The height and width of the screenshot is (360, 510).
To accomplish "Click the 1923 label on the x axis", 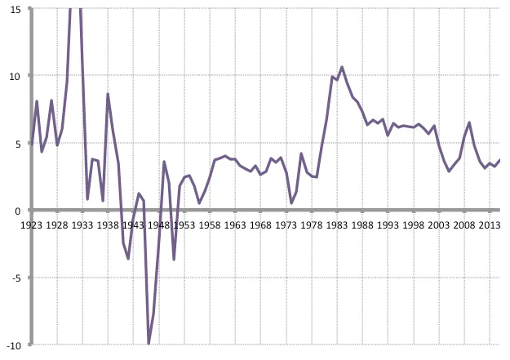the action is [31, 225].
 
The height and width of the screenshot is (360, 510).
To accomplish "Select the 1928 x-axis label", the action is [57, 225].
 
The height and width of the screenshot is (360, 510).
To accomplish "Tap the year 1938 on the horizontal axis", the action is [108, 225].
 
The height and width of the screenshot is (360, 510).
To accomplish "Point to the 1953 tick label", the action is [184, 225].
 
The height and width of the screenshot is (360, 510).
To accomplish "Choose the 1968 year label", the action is [260, 225].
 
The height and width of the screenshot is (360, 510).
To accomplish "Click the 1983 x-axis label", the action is [337, 225].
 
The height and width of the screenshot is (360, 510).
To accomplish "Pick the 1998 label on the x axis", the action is [414, 225].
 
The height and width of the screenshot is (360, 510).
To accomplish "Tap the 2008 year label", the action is [464, 225].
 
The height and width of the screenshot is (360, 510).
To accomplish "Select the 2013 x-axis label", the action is [490, 225].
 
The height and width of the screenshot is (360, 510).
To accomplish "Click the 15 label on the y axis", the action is [16, 10].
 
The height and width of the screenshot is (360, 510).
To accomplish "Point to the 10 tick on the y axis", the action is [16, 77].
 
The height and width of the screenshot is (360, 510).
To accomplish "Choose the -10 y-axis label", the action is [14, 345].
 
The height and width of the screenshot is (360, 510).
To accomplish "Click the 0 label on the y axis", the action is [18, 211].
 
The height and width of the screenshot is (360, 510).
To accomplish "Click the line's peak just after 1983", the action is [342, 67].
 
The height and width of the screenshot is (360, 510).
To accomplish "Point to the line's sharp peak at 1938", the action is [108, 94].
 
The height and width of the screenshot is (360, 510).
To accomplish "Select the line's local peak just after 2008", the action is [469, 122].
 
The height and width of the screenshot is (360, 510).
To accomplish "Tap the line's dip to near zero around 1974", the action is [291, 203].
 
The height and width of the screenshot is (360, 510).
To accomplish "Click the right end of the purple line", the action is [499, 160].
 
